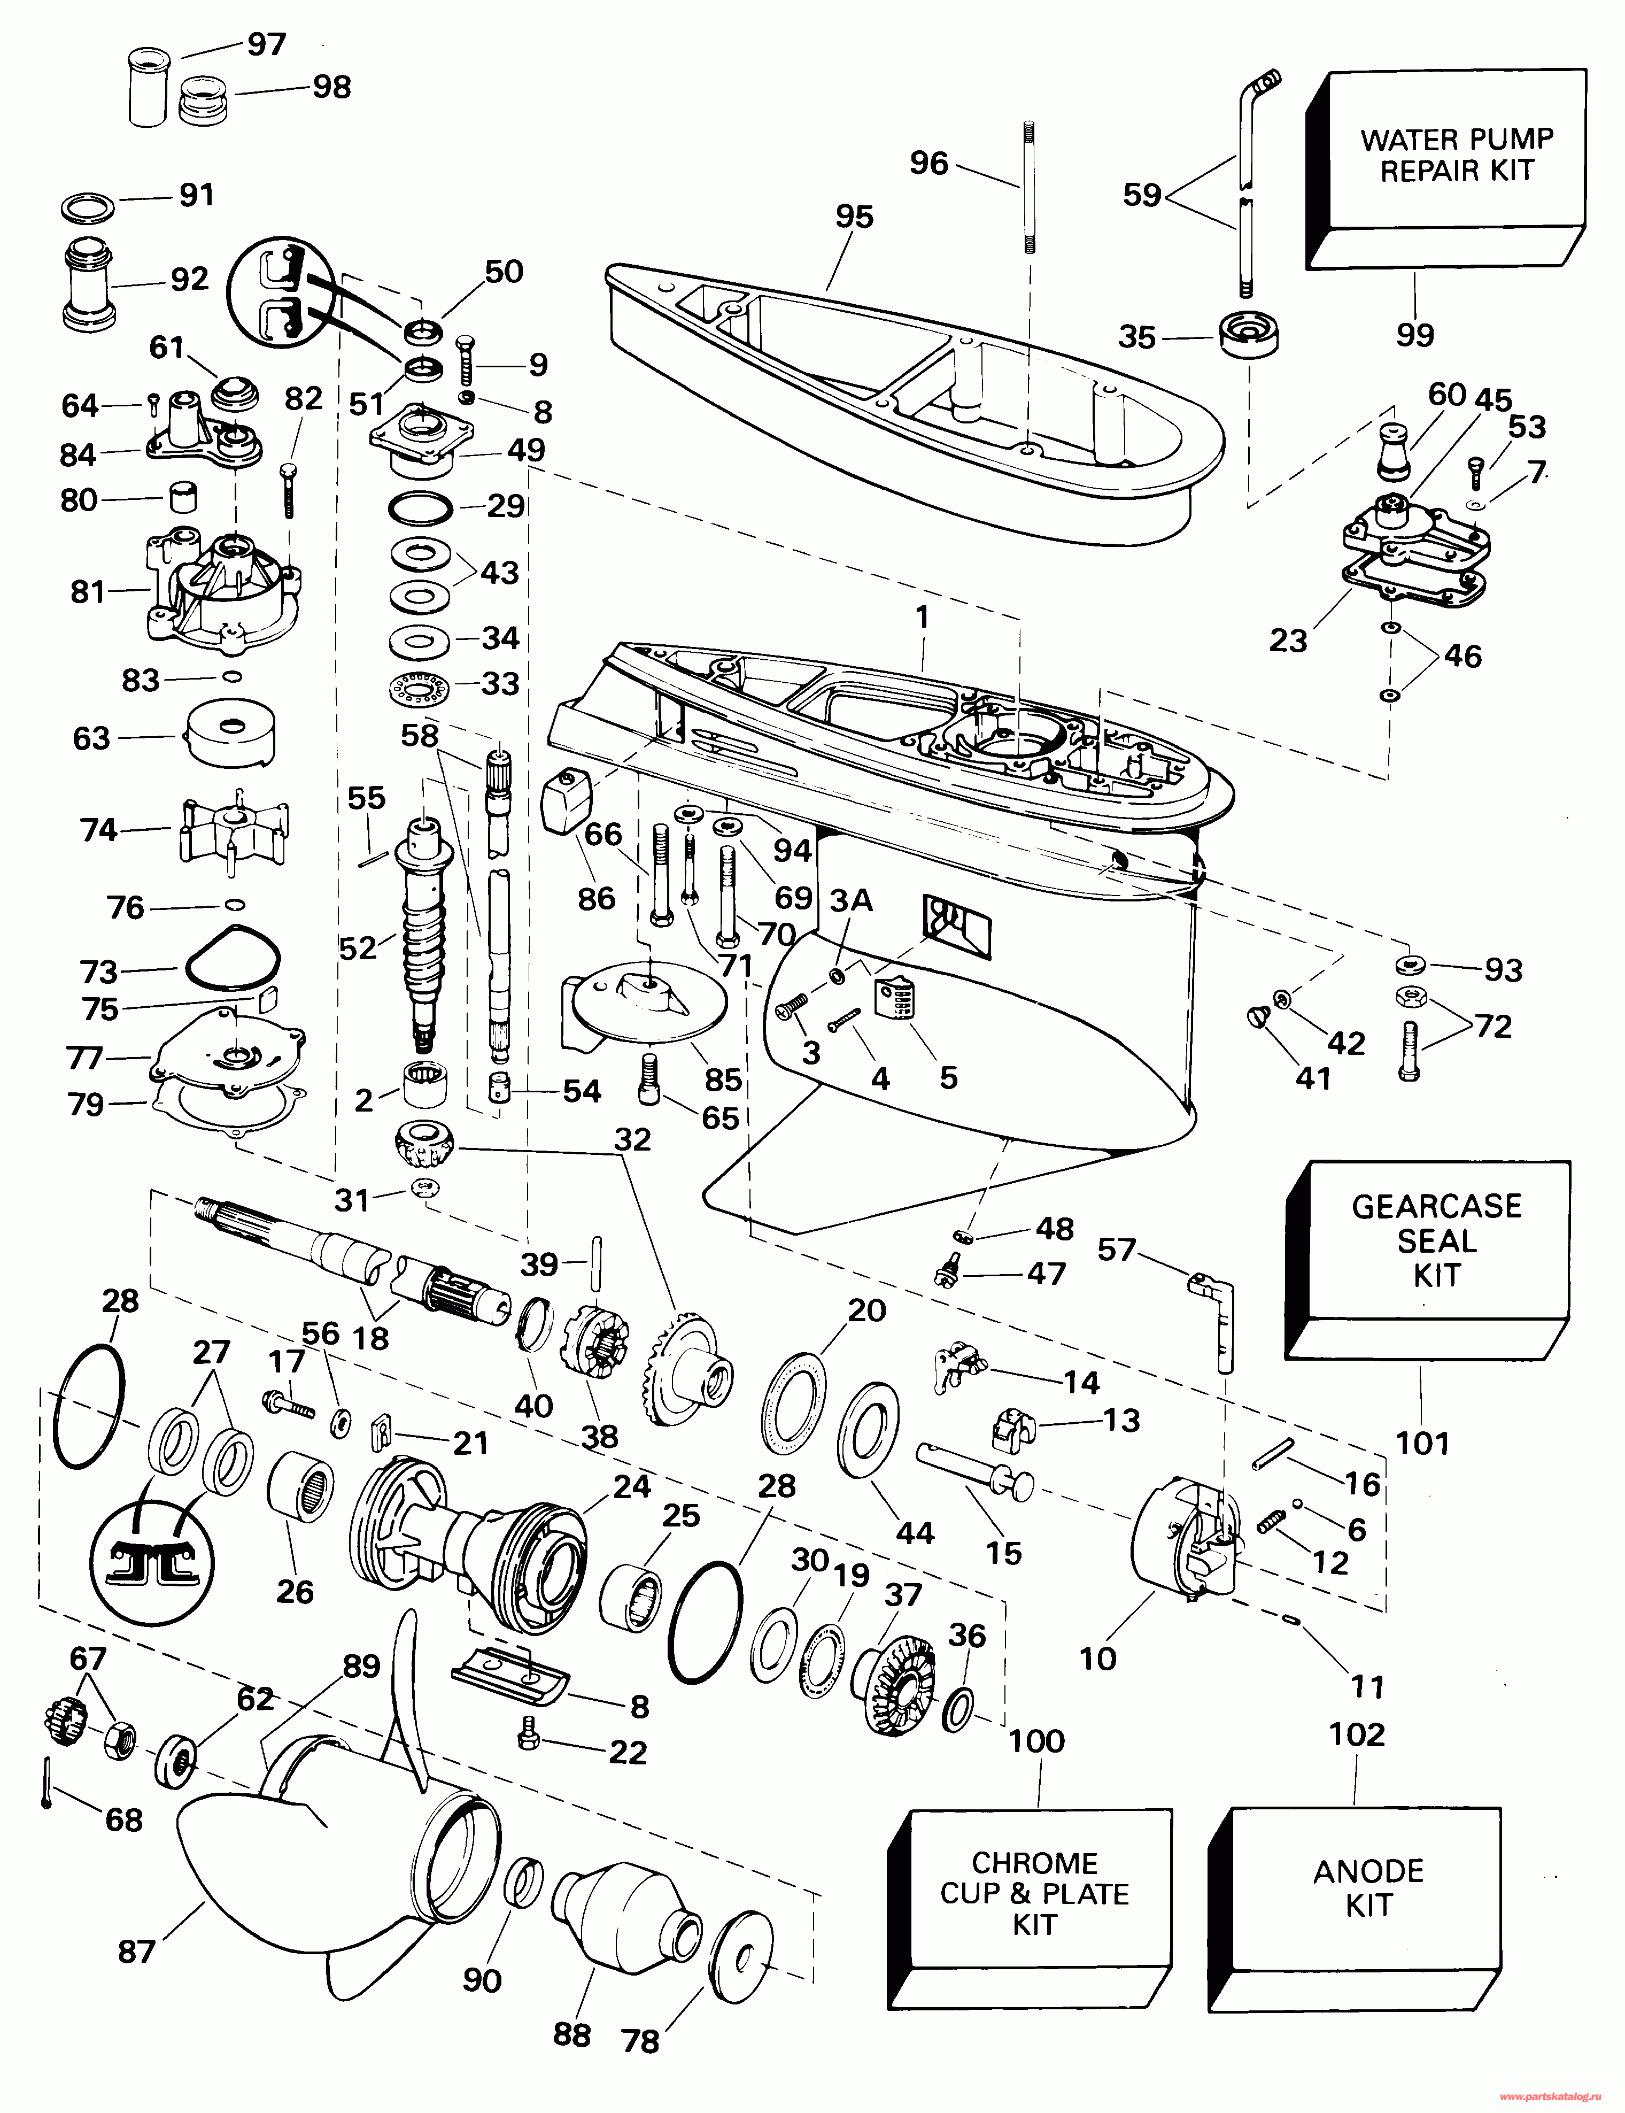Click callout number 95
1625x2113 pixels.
854,217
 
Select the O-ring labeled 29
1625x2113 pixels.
420,507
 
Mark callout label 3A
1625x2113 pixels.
851,901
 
